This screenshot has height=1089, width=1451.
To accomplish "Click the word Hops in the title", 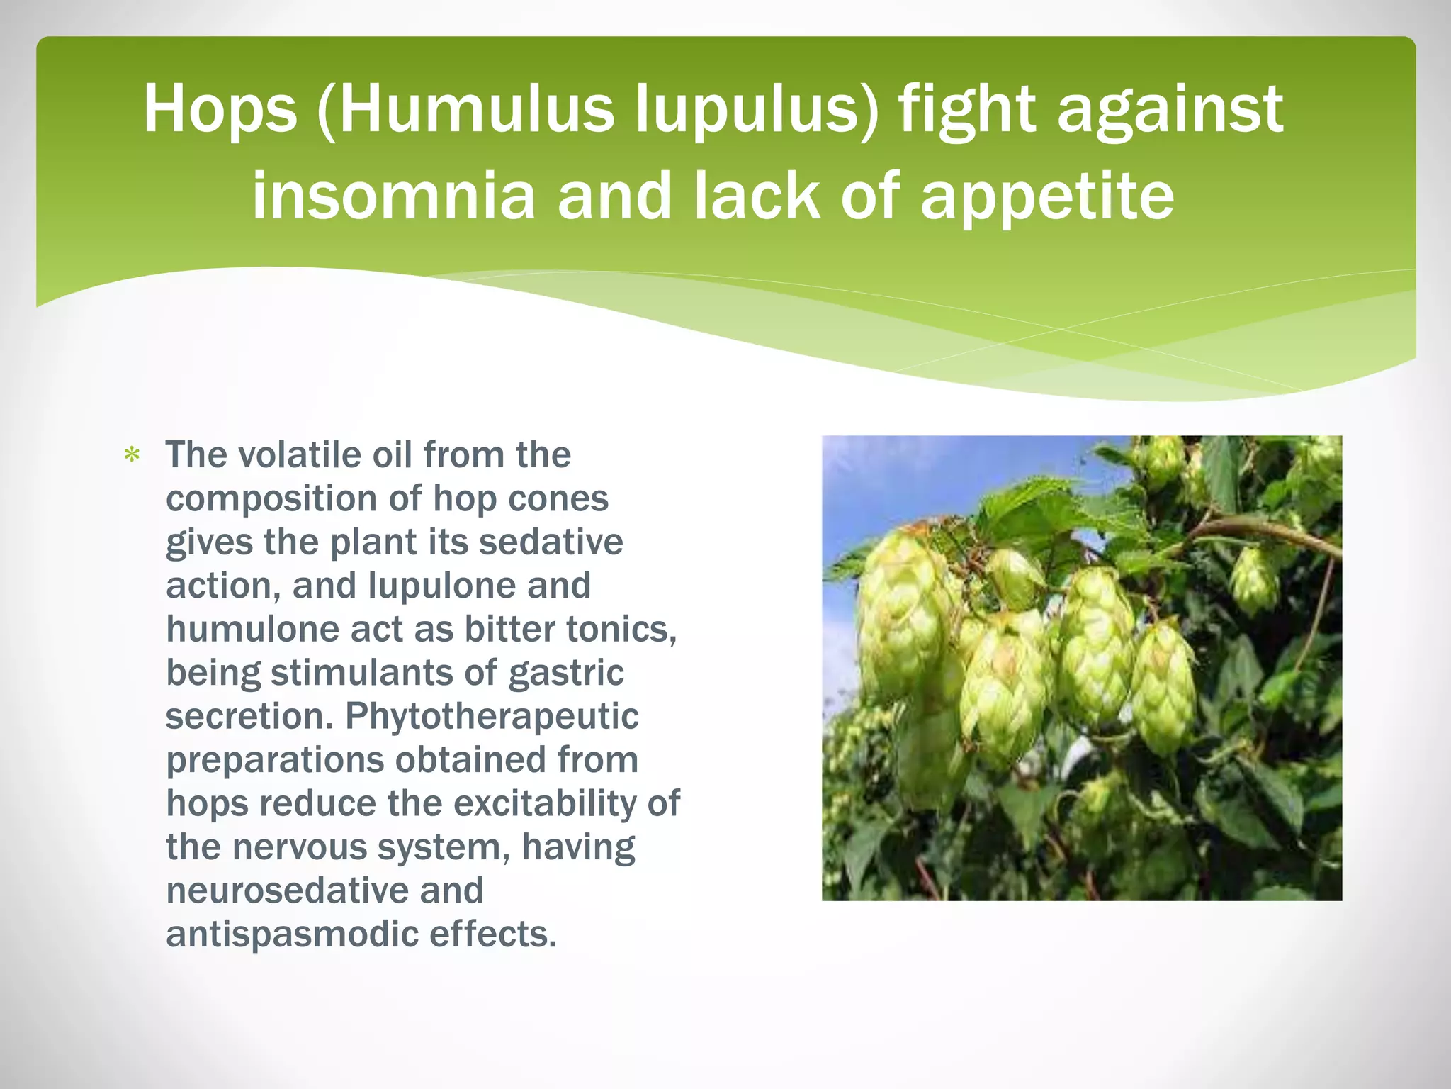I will [x=220, y=110].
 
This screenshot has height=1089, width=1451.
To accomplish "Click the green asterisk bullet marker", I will [x=132, y=455].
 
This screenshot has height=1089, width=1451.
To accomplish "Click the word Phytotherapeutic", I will [x=492, y=716].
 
